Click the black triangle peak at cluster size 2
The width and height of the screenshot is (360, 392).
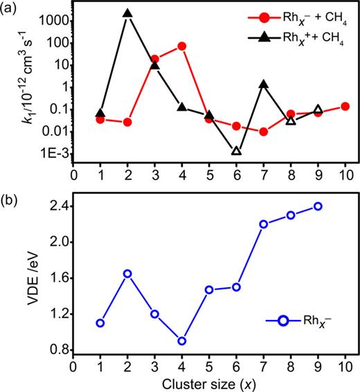127,14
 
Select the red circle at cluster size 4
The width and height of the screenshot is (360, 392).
182,46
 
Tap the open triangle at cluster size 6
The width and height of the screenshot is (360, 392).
236,150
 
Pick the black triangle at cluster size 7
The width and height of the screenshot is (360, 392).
263,84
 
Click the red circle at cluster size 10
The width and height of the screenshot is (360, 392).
344,107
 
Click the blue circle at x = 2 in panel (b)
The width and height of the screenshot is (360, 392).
127,274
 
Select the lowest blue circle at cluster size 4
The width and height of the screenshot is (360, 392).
182,341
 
